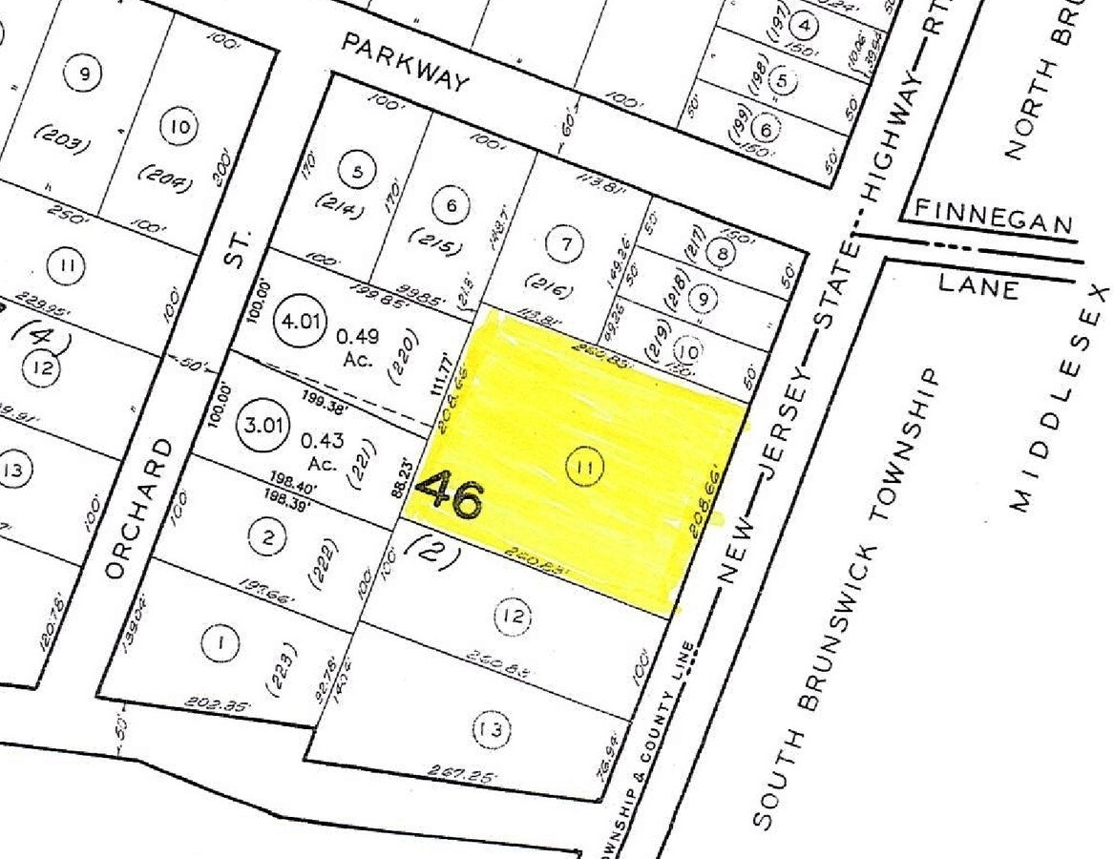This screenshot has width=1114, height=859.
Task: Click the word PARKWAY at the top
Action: (x=406, y=62)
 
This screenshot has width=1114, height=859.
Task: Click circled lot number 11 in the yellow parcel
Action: (x=584, y=468)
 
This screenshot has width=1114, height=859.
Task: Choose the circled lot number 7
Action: (x=565, y=245)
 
